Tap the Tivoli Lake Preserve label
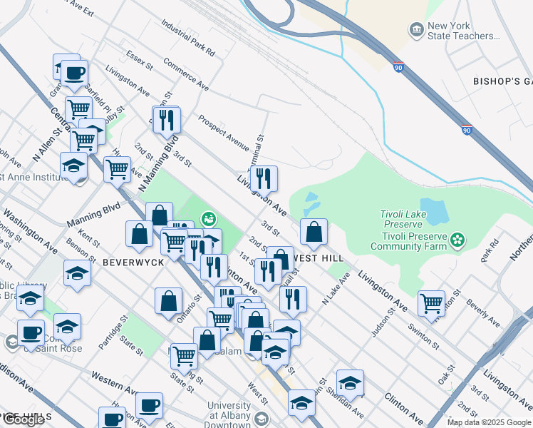403,214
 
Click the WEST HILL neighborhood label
319,258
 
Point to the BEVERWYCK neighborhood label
134,262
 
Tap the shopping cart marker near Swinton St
431,302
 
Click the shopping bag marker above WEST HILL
314,232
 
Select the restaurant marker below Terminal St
264,179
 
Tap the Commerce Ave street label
185,73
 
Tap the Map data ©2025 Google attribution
489,422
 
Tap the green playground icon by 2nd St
209,218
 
